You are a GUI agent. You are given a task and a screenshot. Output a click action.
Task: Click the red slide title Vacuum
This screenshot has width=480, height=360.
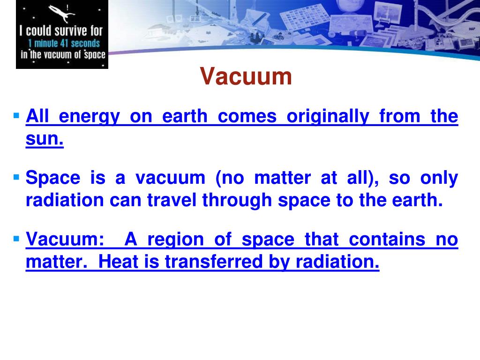246,77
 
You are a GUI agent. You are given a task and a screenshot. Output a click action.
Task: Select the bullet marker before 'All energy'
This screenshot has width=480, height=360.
17,115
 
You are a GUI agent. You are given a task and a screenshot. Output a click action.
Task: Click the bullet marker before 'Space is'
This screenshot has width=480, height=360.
17,177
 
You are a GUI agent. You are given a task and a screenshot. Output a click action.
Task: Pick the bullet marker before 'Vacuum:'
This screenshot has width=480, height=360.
17,239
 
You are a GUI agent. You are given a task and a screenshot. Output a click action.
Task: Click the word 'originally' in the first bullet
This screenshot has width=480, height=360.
327,116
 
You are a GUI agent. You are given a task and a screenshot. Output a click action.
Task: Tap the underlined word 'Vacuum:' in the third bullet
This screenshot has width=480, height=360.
65,240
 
